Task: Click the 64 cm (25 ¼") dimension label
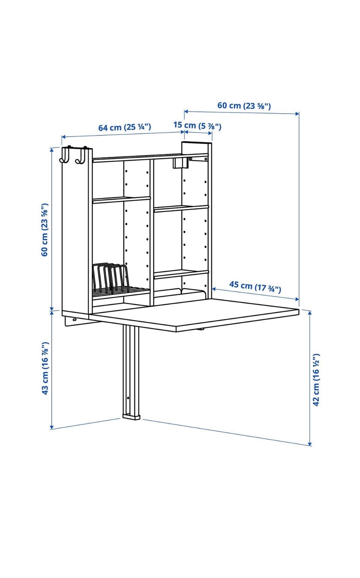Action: click(124, 127)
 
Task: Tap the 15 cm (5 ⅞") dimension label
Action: click(197, 125)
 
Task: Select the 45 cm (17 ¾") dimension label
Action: click(255, 287)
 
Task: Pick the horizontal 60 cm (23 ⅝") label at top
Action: click(244, 105)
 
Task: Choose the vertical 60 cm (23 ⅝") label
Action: click(45, 230)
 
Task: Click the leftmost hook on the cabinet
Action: click(65, 155)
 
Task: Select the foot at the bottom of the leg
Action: click(131, 416)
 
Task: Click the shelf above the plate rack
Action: click(121, 200)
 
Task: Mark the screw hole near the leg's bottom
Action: click(129, 398)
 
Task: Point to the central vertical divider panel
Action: click(152, 232)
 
